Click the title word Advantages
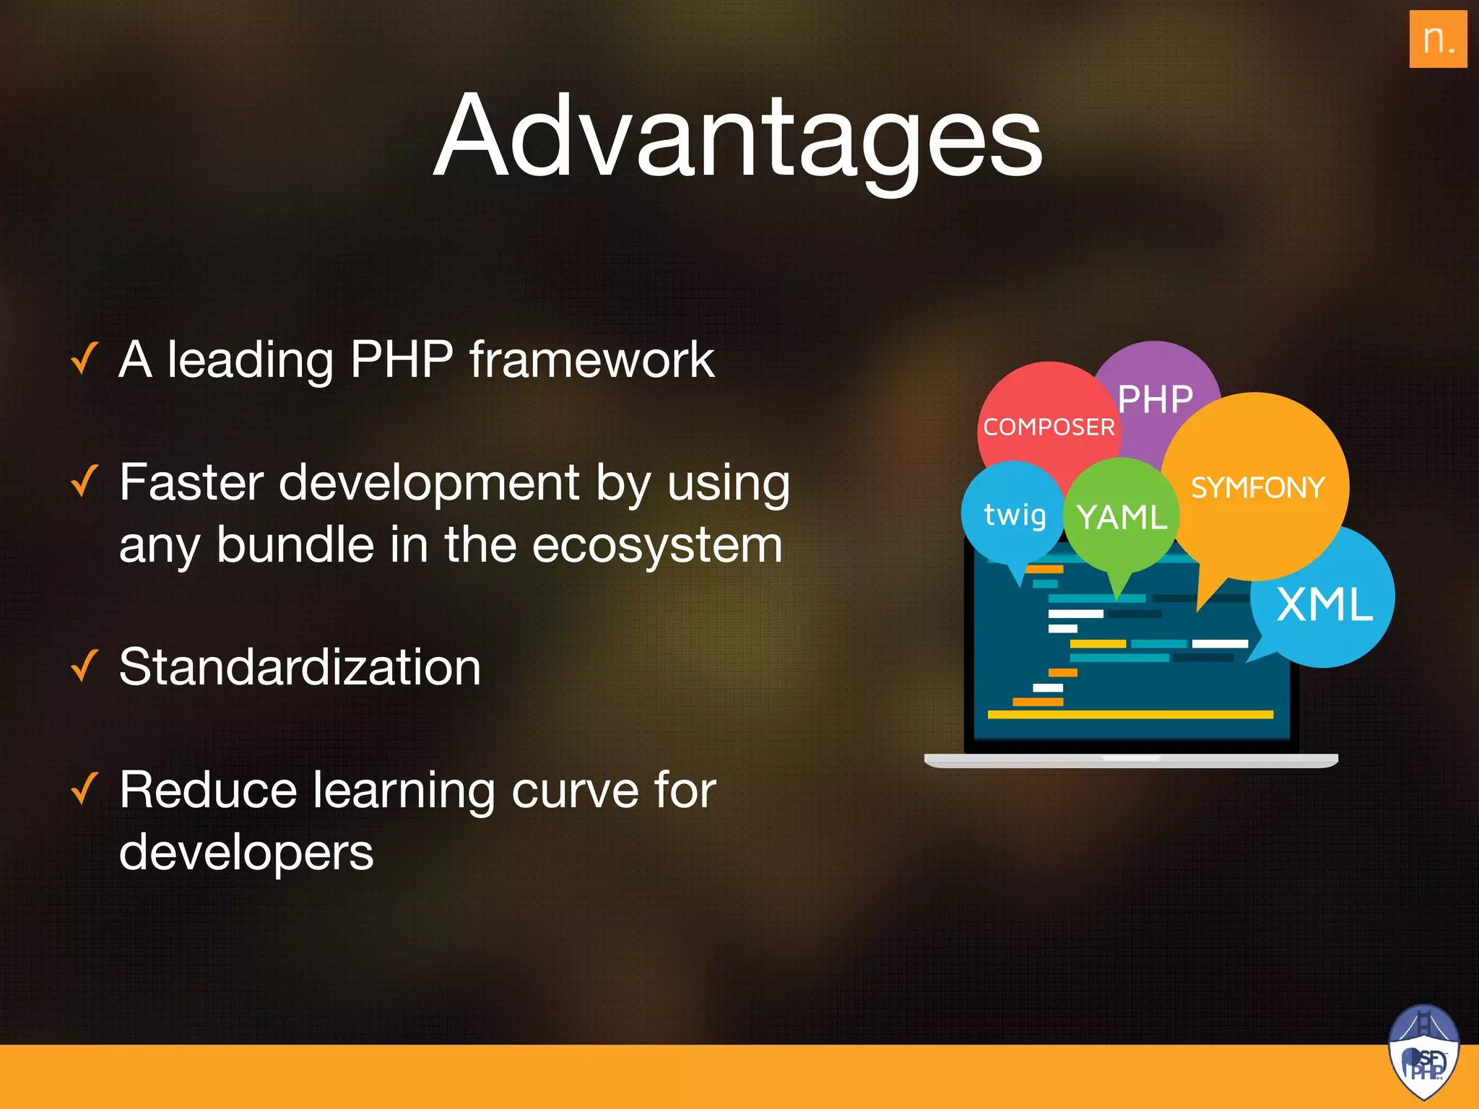point(737,137)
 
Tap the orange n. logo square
point(1437,39)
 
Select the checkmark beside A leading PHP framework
point(84,359)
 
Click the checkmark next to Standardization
point(84,666)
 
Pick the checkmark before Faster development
point(84,482)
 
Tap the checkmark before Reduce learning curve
point(84,788)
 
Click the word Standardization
point(300,667)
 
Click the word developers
point(246,853)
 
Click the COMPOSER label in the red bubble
point(1049,427)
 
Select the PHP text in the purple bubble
point(1155,399)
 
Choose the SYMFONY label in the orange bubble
point(1257,488)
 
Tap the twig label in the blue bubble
point(1015,516)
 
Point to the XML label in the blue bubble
point(1324,604)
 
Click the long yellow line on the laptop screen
point(1130,715)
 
